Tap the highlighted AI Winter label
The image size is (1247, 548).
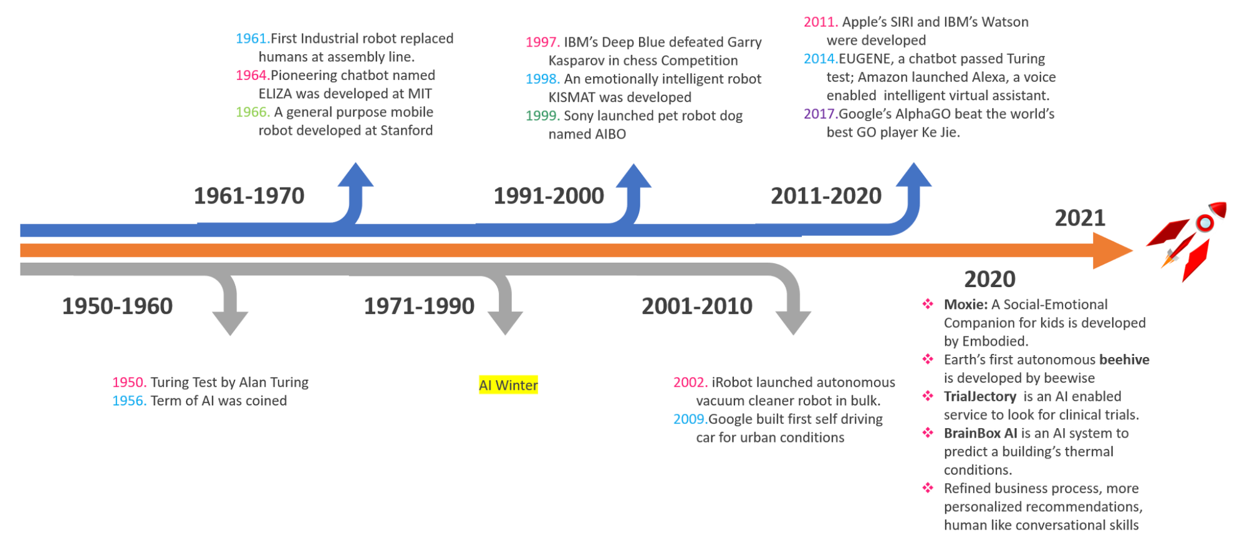(x=508, y=385)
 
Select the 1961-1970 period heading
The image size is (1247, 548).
(x=249, y=196)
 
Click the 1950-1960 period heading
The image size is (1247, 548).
(x=117, y=306)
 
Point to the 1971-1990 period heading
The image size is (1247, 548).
(x=419, y=306)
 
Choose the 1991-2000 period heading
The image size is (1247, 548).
(x=549, y=196)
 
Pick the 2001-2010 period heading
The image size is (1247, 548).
(x=697, y=306)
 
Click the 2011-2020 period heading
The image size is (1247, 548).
(x=826, y=196)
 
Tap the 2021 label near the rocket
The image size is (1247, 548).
(x=1080, y=218)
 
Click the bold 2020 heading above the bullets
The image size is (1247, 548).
(x=989, y=279)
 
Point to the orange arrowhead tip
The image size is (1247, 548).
(x=1133, y=251)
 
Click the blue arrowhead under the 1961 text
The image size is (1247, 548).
(x=355, y=175)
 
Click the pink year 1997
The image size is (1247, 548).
(x=542, y=42)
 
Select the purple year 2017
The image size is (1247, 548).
(x=821, y=114)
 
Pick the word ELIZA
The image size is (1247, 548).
(x=275, y=94)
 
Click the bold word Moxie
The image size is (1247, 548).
(x=965, y=305)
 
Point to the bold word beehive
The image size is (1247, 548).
(x=1124, y=360)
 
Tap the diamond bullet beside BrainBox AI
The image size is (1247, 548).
(x=928, y=433)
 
